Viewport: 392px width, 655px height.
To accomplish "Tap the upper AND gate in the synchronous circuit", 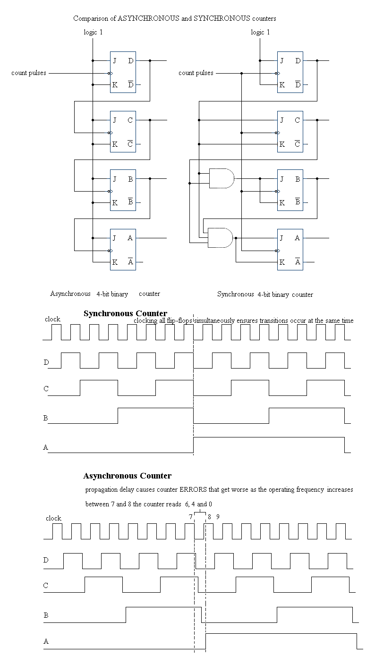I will [221, 178].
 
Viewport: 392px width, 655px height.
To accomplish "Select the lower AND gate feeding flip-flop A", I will [220, 238].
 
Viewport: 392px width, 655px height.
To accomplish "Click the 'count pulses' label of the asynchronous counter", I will [29, 73].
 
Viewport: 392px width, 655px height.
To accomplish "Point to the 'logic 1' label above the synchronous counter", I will [260, 32].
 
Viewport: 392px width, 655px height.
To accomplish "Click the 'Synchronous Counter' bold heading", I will [125, 313].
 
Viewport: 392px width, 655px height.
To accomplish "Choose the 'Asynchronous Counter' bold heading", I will [127, 476].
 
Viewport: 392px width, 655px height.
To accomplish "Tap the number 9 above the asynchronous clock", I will [218, 517].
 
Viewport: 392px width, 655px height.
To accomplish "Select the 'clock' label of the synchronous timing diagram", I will [52, 319].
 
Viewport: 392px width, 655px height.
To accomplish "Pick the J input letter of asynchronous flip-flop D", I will [114, 61].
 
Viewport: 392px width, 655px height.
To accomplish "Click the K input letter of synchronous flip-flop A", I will [282, 262].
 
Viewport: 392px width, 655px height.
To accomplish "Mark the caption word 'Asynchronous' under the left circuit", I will [70, 294].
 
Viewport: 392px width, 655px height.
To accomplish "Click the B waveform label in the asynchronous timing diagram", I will [46, 615].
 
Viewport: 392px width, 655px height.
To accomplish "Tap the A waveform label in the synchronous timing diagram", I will [46, 447].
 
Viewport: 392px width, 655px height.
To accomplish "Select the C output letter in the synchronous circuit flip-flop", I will [297, 120].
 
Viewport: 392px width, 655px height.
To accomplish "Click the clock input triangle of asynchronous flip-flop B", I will [111, 191].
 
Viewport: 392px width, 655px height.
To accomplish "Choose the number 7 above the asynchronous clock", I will [191, 517].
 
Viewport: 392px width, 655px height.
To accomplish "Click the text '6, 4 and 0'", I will [198, 504].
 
